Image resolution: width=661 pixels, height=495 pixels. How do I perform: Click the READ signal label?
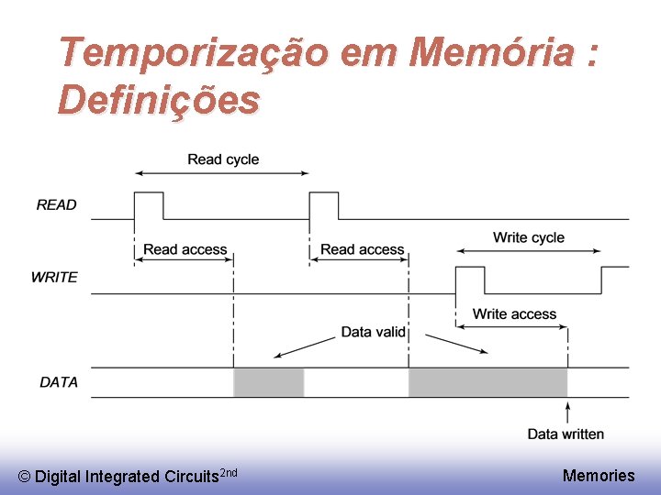point(57,205)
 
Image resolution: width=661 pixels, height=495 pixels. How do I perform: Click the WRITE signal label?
point(54,277)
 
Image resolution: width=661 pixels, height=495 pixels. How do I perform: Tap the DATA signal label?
point(59,382)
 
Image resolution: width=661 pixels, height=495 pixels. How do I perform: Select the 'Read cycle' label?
point(223,159)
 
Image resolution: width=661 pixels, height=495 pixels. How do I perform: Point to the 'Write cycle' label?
point(529,237)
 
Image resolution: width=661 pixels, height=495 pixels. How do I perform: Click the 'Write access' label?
point(514,314)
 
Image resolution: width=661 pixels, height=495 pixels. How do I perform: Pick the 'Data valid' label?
point(373,332)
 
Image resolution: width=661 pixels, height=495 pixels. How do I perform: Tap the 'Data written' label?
point(566,434)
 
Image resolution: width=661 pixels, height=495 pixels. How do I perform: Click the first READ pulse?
point(149,205)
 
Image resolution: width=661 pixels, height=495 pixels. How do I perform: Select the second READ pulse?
point(324,205)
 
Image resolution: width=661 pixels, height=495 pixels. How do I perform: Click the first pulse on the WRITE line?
point(470,280)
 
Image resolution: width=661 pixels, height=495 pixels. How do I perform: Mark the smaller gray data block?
point(269,382)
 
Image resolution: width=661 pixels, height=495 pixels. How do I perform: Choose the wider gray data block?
point(487,382)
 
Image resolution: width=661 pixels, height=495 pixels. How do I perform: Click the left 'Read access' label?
point(185,249)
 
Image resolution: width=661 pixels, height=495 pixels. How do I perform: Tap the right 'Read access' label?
point(362,249)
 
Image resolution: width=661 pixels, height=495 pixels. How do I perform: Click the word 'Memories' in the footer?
point(599,475)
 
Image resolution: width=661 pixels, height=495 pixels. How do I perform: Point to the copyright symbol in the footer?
point(24,477)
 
